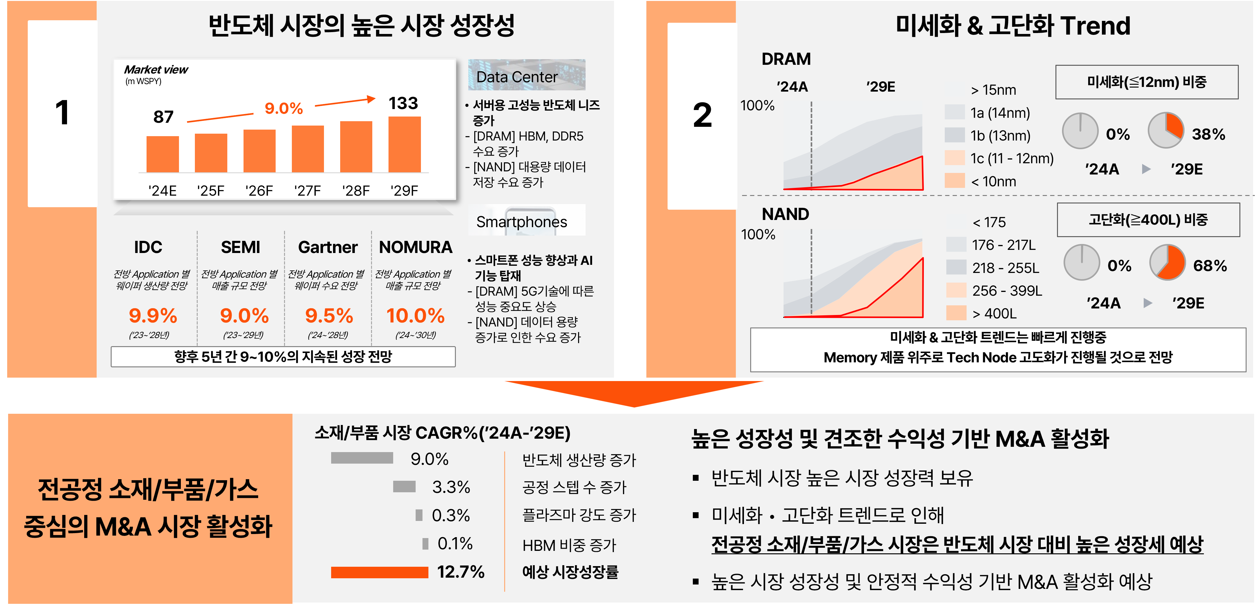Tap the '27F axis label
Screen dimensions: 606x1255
pyautogui.click(x=307, y=190)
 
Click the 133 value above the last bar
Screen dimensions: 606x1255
pyautogui.click(x=403, y=103)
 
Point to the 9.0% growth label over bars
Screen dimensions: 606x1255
pyautogui.click(x=283, y=108)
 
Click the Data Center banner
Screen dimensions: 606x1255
pyautogui.click(x=526, y=75)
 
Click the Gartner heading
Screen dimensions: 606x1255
pyautogui.click(x=327, y=247)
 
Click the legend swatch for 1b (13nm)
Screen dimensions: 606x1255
pyautogui.click(x=954, y=135)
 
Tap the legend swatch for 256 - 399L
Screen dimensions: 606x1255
pyautogui.click(x=956, y=290)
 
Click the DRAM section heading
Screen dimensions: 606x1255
pyautogui.click(x=786, y=59)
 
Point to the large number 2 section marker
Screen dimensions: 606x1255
pyautogui.click(x=702, y=115)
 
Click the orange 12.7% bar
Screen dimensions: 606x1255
pyautogui.click(x=379, y=572)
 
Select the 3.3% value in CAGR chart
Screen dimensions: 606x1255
pyautogui.click(x=451, y=487)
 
